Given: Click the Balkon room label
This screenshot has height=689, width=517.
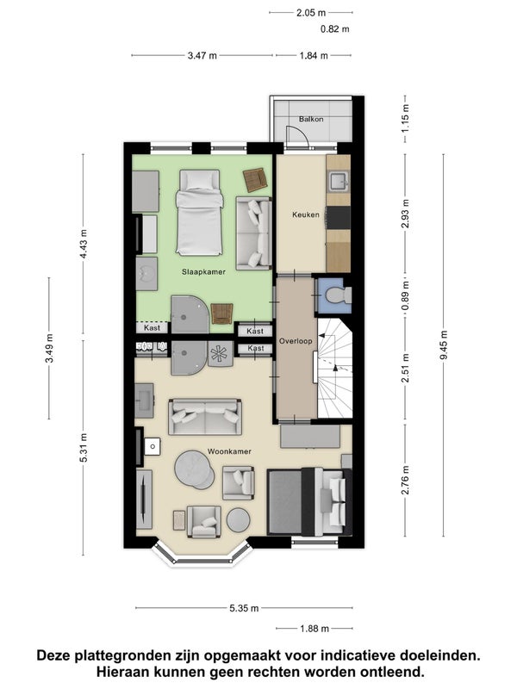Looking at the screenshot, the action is point(311,119).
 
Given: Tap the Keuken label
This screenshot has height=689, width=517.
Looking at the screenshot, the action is point(306,214).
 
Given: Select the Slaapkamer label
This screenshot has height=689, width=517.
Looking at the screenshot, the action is point(203,272).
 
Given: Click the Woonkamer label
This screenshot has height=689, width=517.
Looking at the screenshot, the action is point(229,451).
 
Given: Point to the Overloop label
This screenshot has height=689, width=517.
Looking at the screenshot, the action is point(296,341).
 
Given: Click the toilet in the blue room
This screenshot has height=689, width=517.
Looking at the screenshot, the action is point(339,295).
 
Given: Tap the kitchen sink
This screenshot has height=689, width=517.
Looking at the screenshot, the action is point(339,182).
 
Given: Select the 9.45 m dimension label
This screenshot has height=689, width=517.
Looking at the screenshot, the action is point(443,345).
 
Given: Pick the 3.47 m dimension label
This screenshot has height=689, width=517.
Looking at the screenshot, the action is point(202,56).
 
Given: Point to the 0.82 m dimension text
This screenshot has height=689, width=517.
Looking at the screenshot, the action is point(335,29).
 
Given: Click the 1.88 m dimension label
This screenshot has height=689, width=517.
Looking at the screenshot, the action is point(315,629).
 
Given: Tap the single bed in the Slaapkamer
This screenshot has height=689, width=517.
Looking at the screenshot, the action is point(199,213).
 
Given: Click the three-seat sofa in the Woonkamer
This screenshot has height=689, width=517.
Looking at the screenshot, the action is point(205,417).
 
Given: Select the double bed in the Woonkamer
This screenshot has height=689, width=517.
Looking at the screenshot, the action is point(309,502).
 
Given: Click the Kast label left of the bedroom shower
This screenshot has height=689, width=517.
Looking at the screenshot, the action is point(153,328).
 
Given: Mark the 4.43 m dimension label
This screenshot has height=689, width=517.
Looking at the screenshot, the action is point(83,245).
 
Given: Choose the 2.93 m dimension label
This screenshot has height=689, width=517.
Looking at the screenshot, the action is point(405,214).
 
